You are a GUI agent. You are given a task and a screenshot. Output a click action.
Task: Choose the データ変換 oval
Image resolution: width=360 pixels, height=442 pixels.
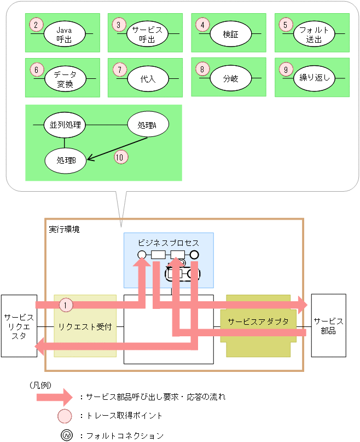coord(65,78)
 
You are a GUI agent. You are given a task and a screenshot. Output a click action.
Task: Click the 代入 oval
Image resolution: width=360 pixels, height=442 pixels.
coord(148,78)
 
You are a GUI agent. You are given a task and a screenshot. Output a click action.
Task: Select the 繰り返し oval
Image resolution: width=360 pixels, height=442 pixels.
coord(314,78)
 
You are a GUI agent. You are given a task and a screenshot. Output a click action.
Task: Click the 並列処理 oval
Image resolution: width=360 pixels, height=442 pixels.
coord(65,125)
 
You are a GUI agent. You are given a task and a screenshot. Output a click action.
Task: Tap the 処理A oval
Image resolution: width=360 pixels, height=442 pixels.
coord(148,125)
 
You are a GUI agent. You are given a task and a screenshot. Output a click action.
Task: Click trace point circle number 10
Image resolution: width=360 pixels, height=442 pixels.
coord(120,157)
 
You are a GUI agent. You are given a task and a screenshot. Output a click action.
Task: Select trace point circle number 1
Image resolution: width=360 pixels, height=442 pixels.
coord(65,305)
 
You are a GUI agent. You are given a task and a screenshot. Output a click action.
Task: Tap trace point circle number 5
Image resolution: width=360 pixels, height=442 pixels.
coord(285,25)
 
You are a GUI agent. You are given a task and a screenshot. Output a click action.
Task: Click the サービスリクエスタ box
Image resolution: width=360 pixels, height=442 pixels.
coord(19,326)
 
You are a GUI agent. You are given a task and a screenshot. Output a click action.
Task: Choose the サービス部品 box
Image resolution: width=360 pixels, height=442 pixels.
coord(328,326)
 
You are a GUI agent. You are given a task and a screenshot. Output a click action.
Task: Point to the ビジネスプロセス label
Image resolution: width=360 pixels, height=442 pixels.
coord(168,242)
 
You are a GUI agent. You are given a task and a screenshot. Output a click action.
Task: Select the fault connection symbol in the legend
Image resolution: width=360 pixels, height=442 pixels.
coord(65,435)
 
